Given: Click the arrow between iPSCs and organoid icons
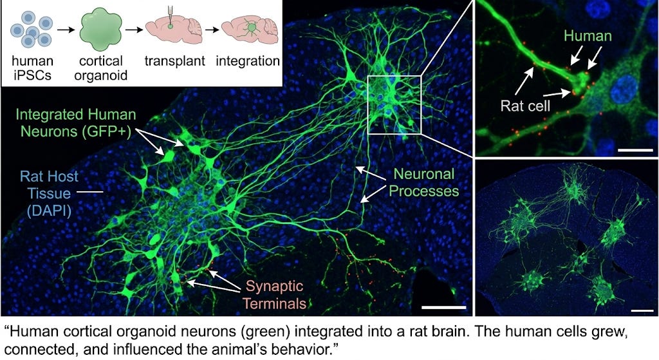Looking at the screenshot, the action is click(63, 30).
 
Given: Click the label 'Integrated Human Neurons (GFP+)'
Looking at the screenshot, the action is click(77, 124).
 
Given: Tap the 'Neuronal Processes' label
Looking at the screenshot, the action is click(423, 182).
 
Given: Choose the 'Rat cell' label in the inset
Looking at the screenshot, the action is click(527, 106).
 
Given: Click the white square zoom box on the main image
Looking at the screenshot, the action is click(394, 104).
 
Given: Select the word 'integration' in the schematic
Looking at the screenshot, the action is click(248, 62).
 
